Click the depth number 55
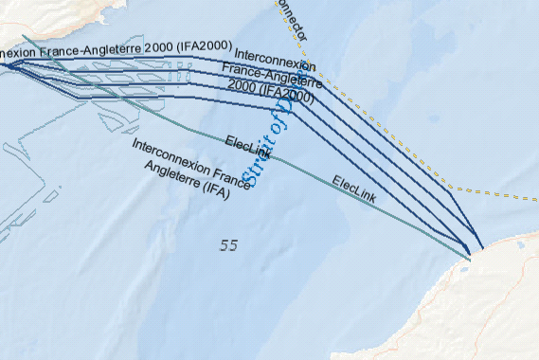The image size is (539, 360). [227, 245]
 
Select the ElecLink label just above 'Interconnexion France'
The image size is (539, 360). [249, 146]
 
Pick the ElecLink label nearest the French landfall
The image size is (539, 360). [354, 189]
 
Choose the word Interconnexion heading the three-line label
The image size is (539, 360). [275, 59]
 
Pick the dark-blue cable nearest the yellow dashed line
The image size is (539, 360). [398, 133]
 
